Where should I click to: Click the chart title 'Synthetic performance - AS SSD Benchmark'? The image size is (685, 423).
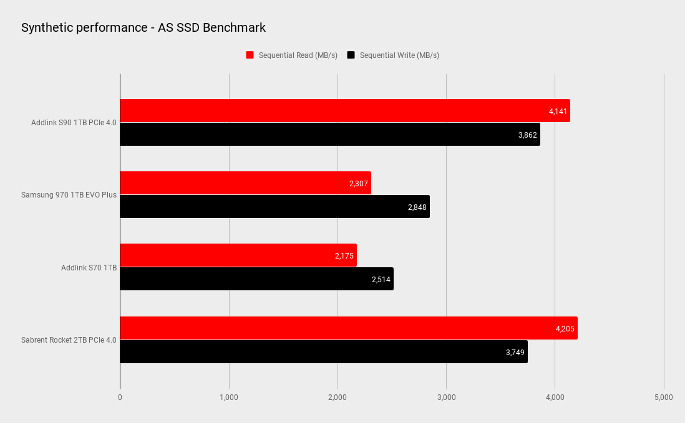click(x=143, y=27)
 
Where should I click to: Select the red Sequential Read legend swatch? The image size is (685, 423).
click(x=250, y=55)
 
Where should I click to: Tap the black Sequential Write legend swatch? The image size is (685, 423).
click(x=351, y=55)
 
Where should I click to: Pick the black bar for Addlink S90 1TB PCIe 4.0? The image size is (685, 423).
click(x=329, y=134)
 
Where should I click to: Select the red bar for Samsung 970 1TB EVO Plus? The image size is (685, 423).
click(x=245, y=183)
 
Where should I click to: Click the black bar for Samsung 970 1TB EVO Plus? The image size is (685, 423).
click(x=274, y=206)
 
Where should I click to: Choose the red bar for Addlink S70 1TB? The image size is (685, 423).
click(x=238, y=255)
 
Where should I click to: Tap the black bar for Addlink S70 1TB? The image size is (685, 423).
click(x=256, y=278)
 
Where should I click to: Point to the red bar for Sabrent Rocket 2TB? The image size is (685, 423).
click(x=348, y=328)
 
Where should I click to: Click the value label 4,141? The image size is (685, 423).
click(x=558, y=111)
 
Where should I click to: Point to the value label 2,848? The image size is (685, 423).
click(x=417, y=207)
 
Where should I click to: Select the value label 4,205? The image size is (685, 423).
click(x=565, y=328)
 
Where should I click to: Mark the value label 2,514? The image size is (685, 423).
click(x=381, y=279)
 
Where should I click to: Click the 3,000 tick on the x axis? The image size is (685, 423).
click(x=446, y=397)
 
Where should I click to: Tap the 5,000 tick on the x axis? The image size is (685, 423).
click(x=663, y=397)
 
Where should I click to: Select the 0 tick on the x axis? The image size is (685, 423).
click(x=120, y=397)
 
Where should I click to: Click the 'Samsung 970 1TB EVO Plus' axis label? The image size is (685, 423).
click(x=69, y=195)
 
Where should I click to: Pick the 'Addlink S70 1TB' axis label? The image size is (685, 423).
click(x=89, y=267)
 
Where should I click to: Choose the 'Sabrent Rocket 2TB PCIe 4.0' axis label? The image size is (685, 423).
click(x=69, y=340)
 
